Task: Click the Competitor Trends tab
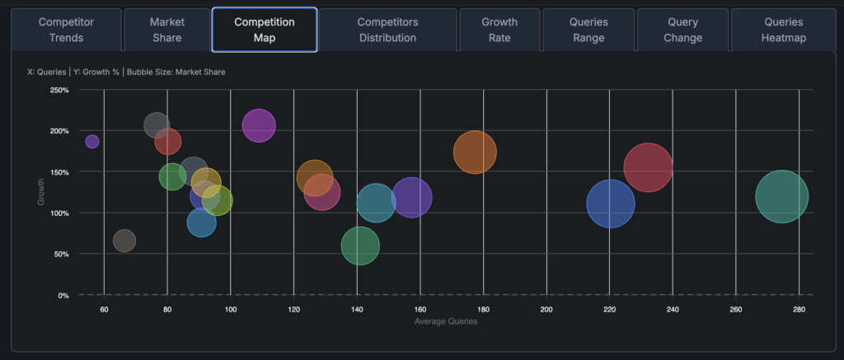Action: pyautogui.click(x=67, y=30)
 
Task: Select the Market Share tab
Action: pyautogui.click(x=166, y=30)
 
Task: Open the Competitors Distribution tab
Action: pyautogui.click(x=387, y=30)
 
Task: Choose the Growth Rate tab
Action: pyautogui.click(x=499, y=30)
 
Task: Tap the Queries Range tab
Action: pyautogui.click(x=588, y=30)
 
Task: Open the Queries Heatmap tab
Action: pyautogui.click(x=784, y=30)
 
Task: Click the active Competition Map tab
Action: pyautogui.click(x=265, y=30)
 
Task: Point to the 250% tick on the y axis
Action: pyautogui.click(x=59, y=90)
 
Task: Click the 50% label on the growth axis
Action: pyautogui.click(x=60, y=254)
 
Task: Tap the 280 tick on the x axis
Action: pyautogui.click(x=799, y=310)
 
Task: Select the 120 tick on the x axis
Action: pyautogui.click(x=293, y=310)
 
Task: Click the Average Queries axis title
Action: pyautogui.click(x=445, y=321)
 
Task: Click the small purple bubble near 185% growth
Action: pyautogui.click(x=92, y=142)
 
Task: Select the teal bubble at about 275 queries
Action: pyautogui.click(x=781, y=196)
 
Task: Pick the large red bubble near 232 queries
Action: pyautogui.click(x=648, y=167)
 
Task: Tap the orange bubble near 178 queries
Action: pyautogui.click(x=475, y=152)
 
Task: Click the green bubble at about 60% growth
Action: pyautogui.click(x=360, y=245)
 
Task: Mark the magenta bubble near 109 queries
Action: pyautogui.click(x=259, y=125)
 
